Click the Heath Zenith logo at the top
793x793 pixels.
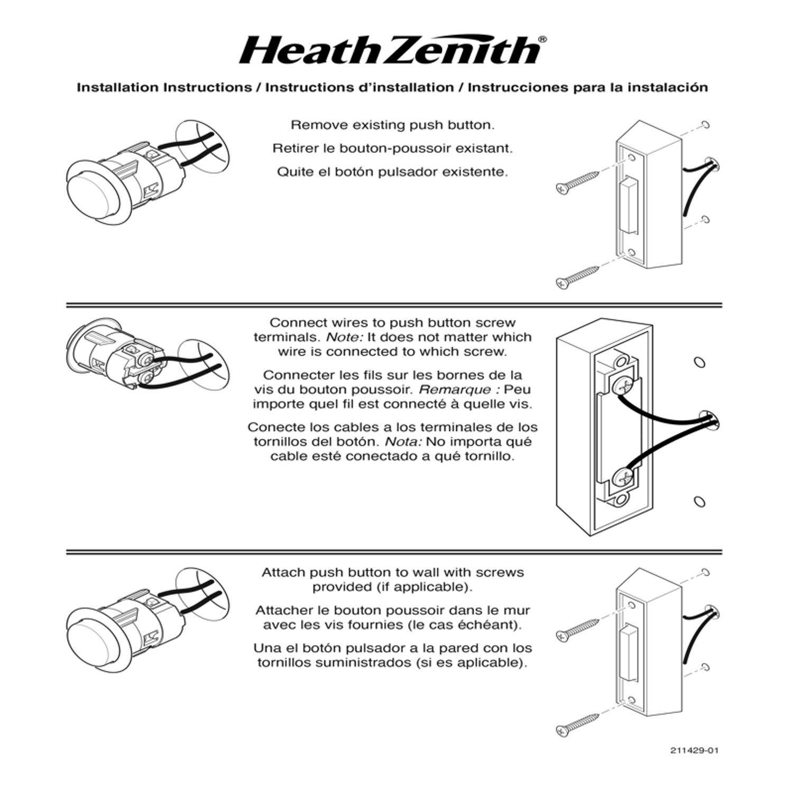390,51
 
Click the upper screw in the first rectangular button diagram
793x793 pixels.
577,180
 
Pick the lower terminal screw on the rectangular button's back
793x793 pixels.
622,479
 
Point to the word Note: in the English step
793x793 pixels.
342,337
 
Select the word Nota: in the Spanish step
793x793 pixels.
403,442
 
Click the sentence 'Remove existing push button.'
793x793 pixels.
392,125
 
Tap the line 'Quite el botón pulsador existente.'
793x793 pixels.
392,172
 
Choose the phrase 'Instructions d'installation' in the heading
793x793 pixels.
359,87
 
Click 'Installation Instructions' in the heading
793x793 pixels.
164,87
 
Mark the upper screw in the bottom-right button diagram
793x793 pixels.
577,628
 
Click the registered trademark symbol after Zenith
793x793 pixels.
542,39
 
